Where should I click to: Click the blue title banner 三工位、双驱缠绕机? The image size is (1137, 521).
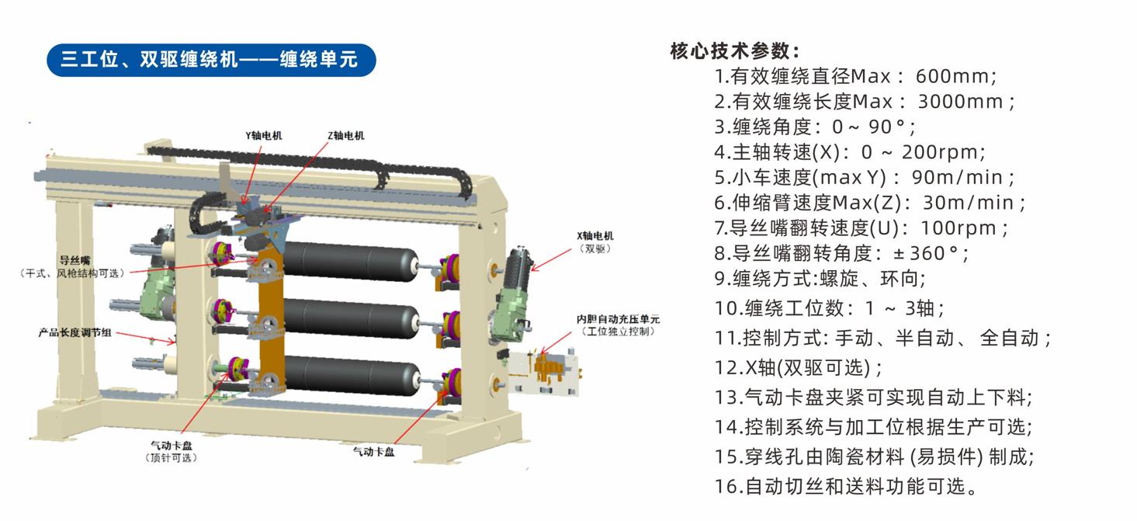coord(211,60)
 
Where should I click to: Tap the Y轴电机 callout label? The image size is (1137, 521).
coord(264,136)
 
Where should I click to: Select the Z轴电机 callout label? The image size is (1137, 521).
coord(346,136)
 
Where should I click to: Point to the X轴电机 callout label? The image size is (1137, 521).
coord(595,235)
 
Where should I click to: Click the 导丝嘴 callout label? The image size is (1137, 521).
coord(75,261)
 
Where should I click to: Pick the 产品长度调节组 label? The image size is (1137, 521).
coord(75,333)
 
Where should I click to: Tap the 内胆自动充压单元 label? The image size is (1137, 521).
coord(618,319)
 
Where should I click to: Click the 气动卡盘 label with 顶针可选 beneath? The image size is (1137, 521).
coord(172,446)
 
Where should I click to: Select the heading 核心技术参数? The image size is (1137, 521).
coord(735,50)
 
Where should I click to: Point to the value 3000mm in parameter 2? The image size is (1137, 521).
coord(960,102)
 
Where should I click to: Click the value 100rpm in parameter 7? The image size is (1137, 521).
coord(958,228)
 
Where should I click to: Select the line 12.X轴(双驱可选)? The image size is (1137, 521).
coord(799,367)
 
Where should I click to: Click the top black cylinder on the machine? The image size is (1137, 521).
coord(350,262)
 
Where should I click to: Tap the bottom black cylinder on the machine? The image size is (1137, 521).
coord(351,376)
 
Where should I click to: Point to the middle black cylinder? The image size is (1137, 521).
coord(350,319)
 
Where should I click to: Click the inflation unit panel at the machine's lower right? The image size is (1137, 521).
coord(543,373)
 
